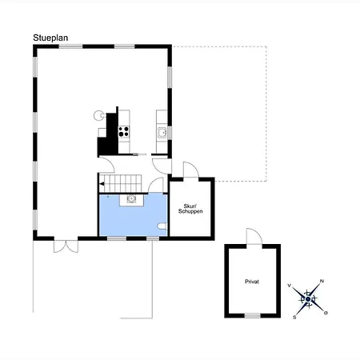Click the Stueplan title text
(x=50, y=38)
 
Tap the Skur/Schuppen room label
(x=190, y=209)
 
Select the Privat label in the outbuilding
(x=252, y=282)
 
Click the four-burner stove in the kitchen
(x=124, y=131)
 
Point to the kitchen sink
(x=162, y=133)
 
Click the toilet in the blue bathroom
(x=162, y=226)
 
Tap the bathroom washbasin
(x=131, y=199)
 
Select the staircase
(x=120, y=183)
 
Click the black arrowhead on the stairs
(x=102, y=184)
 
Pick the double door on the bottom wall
(x=66, y=246)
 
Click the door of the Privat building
(x=254, y=236)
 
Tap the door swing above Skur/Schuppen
(x=191, y=170)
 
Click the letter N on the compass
(x=322, y=281)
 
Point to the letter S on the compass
(x=294, y=318)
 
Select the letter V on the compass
(x=290, y=286)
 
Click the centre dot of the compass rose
(x=308, y=299)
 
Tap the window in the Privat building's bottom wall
(x=253, y=315)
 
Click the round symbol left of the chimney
(x=98, y=115)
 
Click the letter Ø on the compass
(x=326, y=313)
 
